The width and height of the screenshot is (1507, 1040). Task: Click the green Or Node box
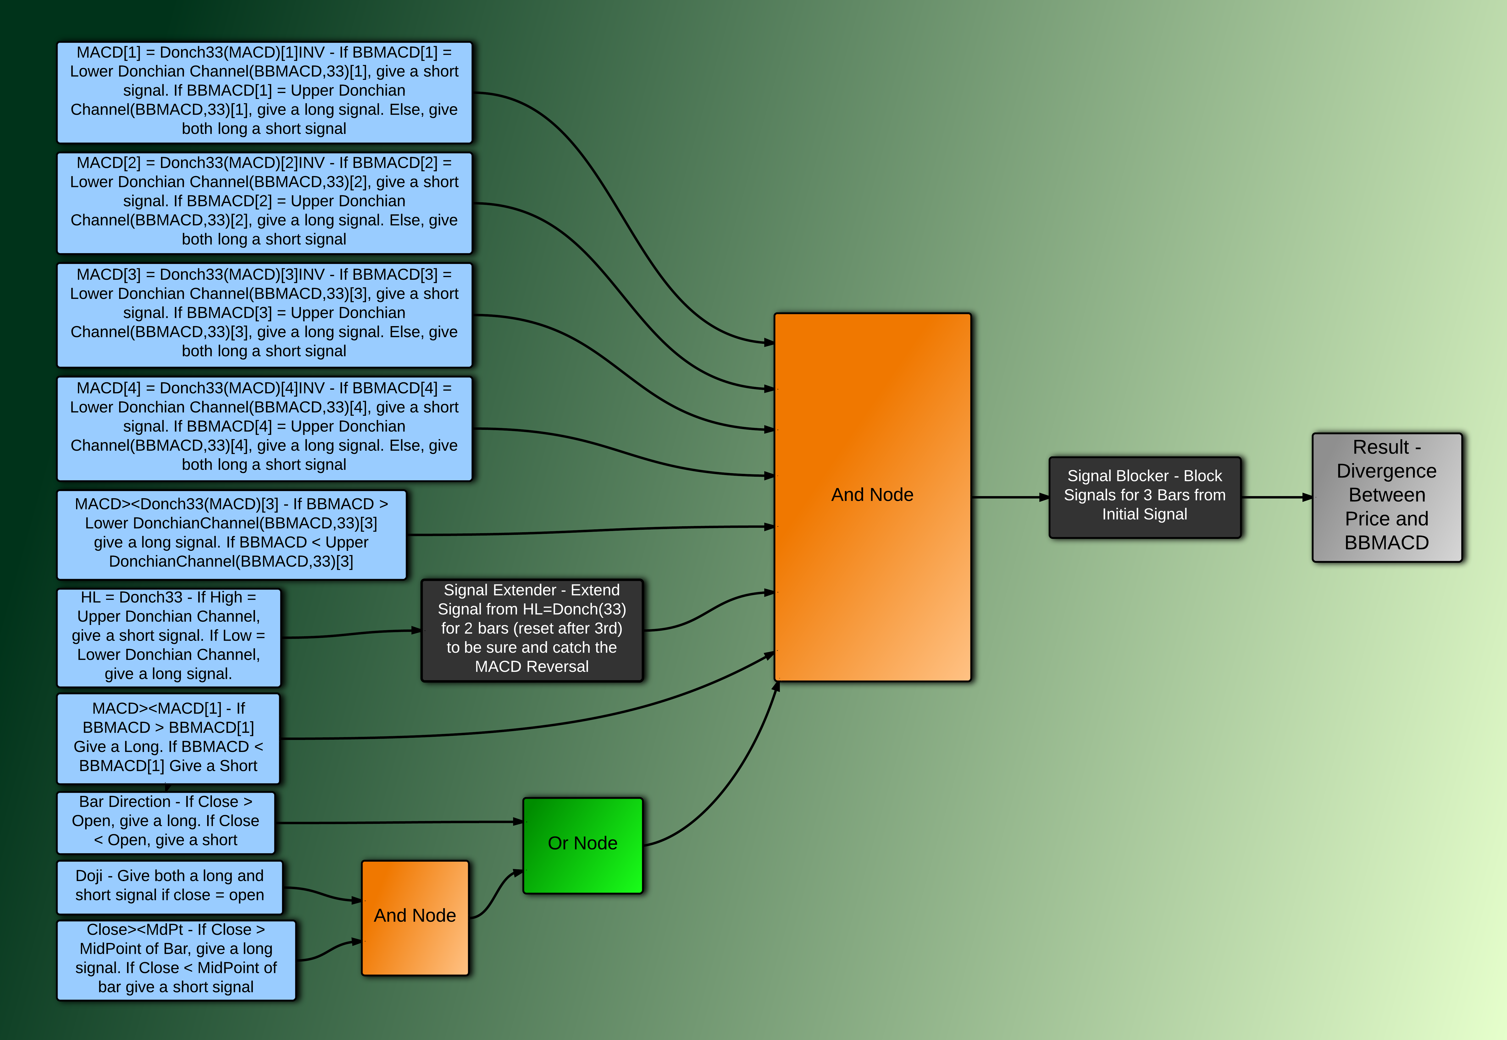click(583, 845)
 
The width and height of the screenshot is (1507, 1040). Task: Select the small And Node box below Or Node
click(415, 918)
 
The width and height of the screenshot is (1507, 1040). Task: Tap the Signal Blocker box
click(1145, 497)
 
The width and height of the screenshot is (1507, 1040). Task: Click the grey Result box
click(1387, 497)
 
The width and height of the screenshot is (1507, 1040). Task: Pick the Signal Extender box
click(532, 630)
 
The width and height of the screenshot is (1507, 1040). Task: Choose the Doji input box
click(169, 887)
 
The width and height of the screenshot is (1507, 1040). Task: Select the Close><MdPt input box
click(176, 960)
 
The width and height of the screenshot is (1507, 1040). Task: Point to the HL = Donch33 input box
click(169, 637)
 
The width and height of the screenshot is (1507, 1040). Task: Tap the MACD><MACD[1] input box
click(168, 738)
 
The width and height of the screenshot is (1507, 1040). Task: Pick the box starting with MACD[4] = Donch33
click(264, 428)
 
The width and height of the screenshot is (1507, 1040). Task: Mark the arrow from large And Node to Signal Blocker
click(1010, 497)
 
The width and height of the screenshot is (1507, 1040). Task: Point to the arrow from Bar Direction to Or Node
click(399, 822)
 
